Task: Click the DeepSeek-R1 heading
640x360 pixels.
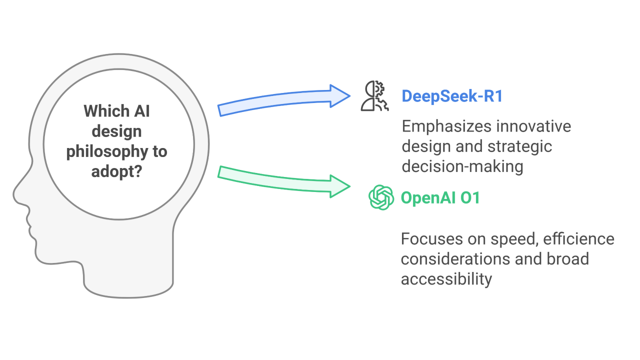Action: coord(451,96)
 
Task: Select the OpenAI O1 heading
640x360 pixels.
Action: coord(440,197)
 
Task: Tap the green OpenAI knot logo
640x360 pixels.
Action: coord(381,196)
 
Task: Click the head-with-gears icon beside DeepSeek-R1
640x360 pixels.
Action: coord(373,96)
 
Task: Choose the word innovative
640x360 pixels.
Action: coord(534,126)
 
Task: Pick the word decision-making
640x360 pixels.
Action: coord(462,166)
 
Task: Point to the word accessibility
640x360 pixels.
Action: coord(446,278)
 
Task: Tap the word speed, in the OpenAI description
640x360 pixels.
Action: coord(513,238)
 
